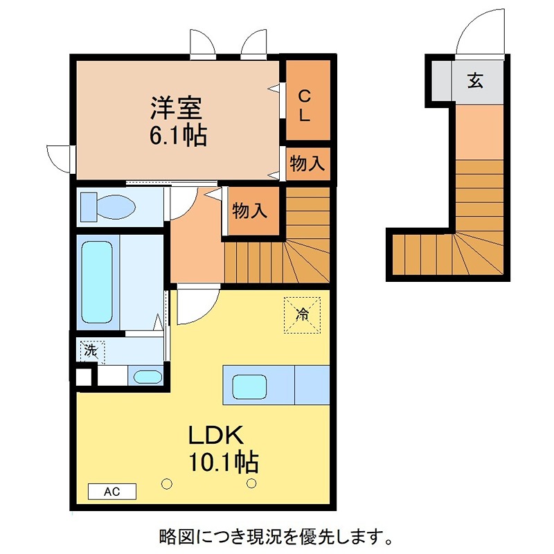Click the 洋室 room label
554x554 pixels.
(x=177, y=108)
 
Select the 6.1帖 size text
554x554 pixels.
(x=178, y=135)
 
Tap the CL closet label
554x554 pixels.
(x=304, y=106)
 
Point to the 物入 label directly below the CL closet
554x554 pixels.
(x=307, y=164)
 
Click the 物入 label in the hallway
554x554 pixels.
(x=249, y=211)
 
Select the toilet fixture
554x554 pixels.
(x=107, y=206)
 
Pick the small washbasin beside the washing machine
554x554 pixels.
(x=146, y=377)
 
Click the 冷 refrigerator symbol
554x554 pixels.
(x=302, y=314)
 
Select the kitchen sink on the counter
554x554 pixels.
(x=251, y=386)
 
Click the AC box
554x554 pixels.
(x=112, y=492)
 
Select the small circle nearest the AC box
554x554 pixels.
(x=166, y=483)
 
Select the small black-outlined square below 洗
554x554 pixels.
(x=83, y=377)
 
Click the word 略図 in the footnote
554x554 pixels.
(x=174, y=535)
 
